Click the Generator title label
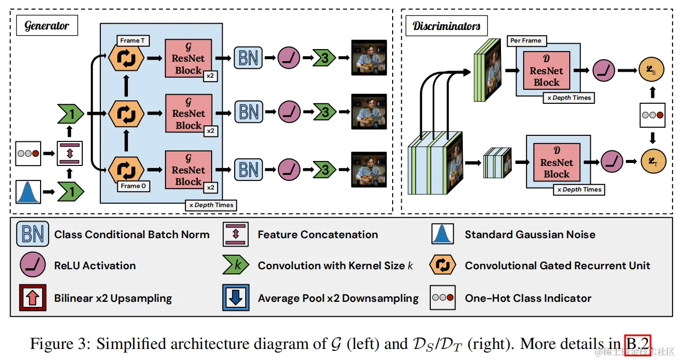(47, 26)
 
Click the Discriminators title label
(446, 26)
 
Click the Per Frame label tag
(526, 41)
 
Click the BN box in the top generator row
(249, 58)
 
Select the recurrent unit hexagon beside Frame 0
(126, 169)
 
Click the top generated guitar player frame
(369, 58)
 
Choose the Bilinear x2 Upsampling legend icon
(33, 298)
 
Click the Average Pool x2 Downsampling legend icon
(236, 298)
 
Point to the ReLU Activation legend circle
(33, 265)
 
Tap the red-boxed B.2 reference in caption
(637, 343)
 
